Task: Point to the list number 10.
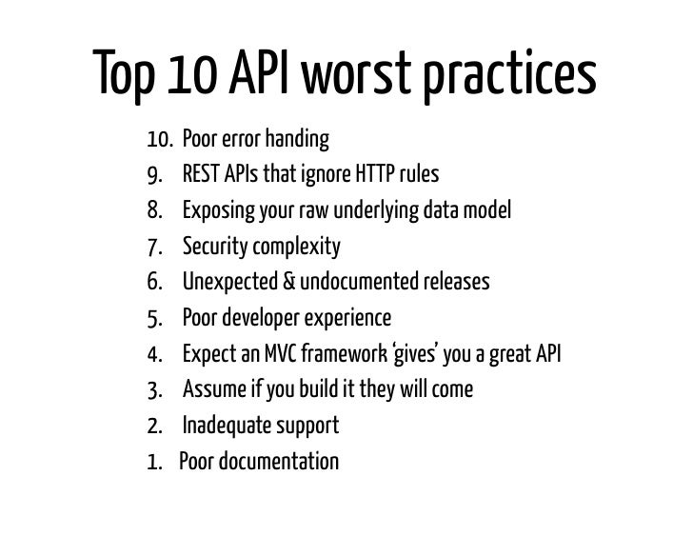click(159, 142)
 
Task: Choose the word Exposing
click(216, 212)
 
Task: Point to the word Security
click(212, 248)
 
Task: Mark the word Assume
click(211, 391)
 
